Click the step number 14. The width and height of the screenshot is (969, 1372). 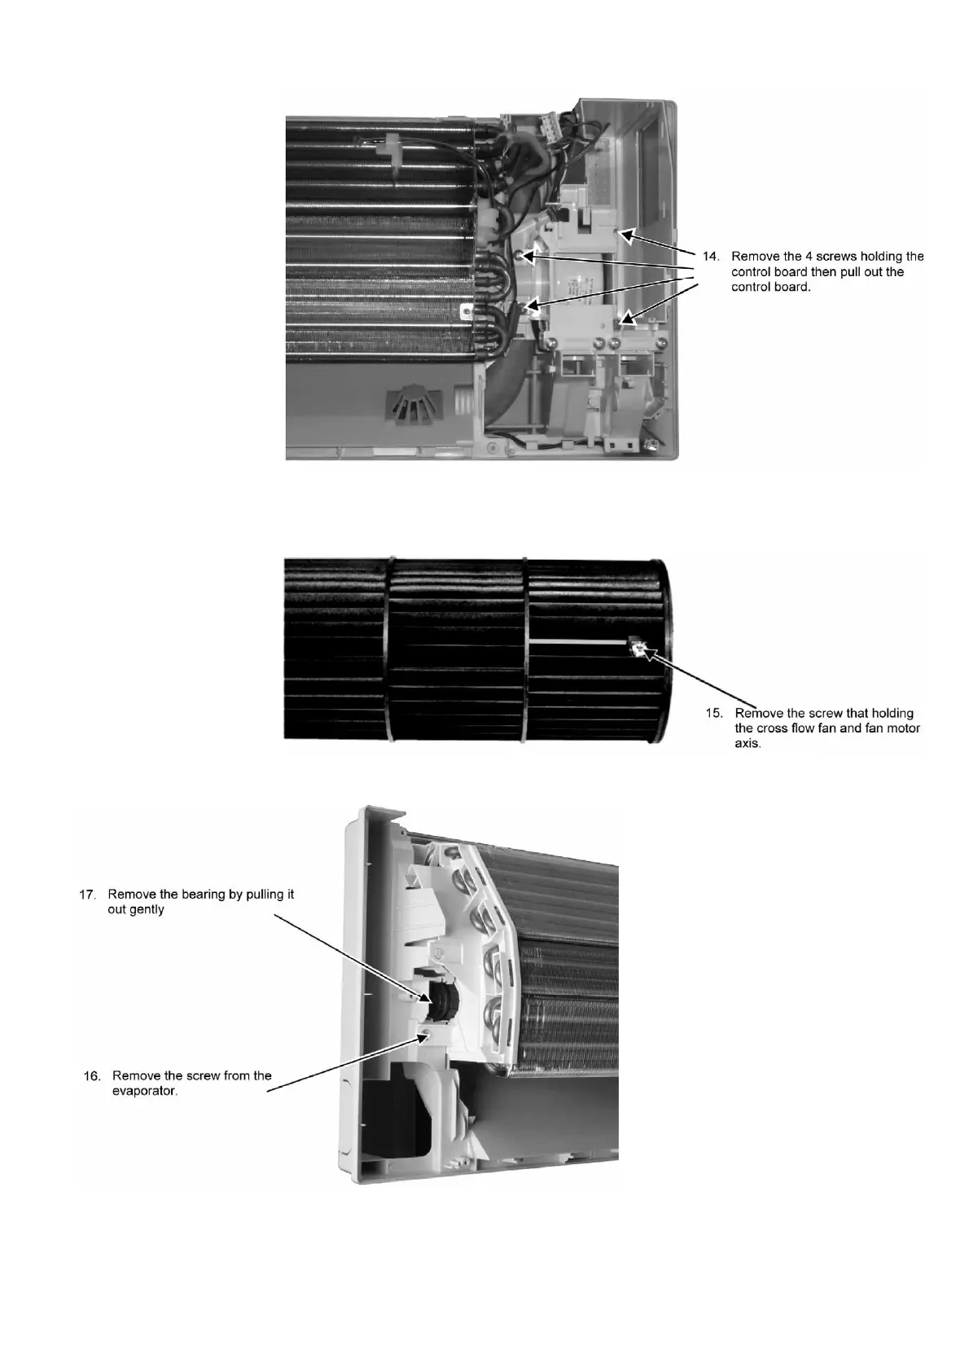click(x=711, y=257)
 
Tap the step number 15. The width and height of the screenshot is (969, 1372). click(x=714, y=713)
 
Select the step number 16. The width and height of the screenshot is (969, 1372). click(x=93, y=1075)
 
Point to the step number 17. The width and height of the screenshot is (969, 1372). click(x=87, y=895)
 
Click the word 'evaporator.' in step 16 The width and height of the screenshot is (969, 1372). click(x=145, y=1091)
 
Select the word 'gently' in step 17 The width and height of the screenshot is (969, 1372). click(x=147, y=910)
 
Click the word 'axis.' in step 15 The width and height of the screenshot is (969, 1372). click(x=748, y=744)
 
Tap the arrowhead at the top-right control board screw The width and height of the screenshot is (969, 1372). click(x=626, y=236)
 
